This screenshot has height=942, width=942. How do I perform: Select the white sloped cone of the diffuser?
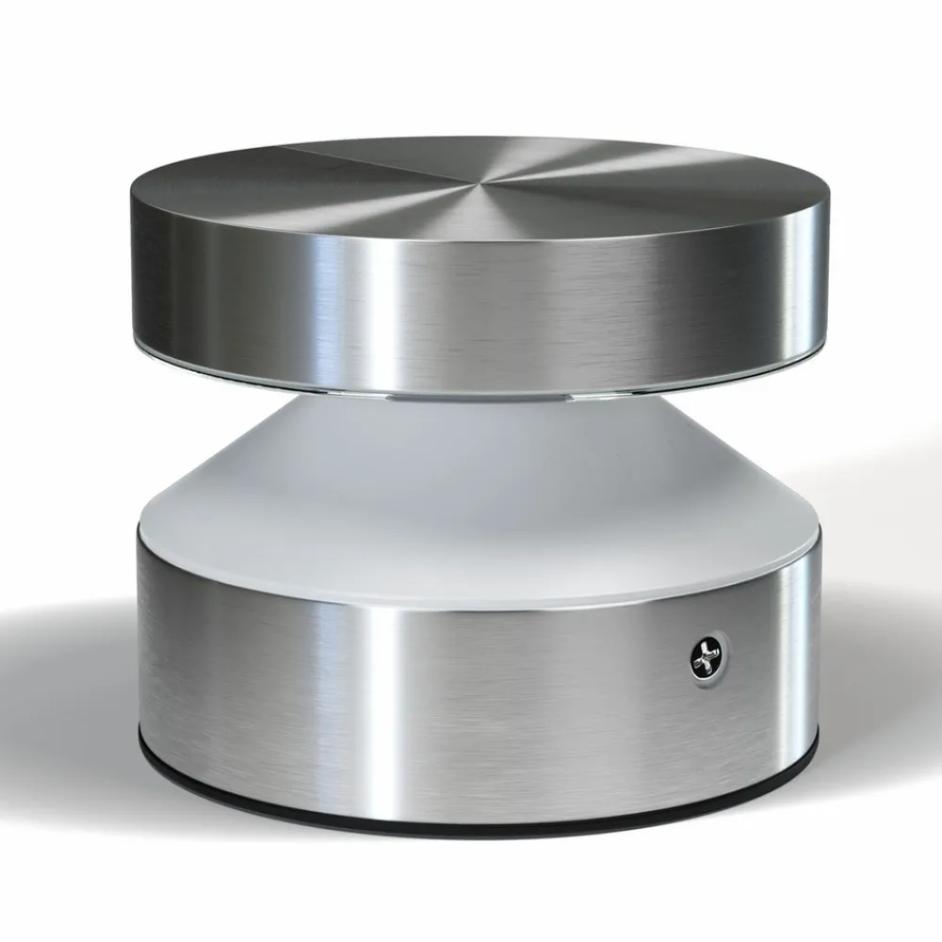[x=471, y=471]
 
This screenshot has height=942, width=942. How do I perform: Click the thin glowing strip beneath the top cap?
[x=471, y=392]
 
